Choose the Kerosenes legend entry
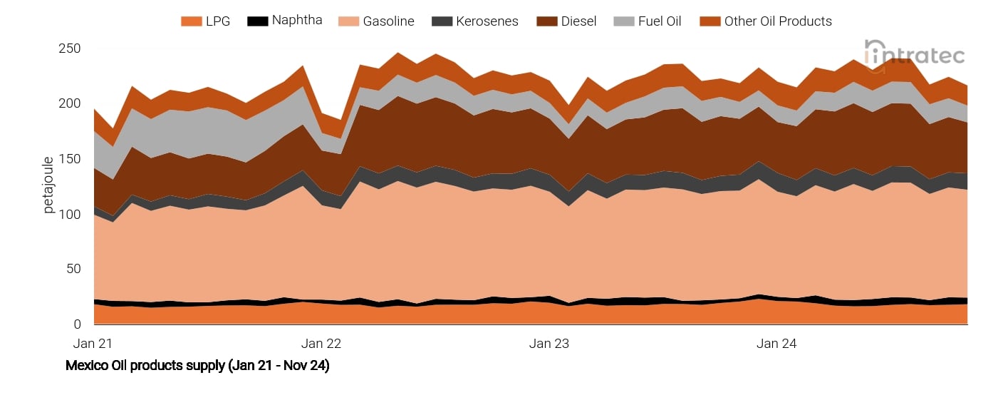click(478, 21)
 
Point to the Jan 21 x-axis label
click(93, 343)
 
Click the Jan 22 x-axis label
click(321, 343)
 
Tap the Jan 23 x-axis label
click(549, 343)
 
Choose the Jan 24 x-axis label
click(776, 343)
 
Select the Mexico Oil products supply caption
click(197, 366)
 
